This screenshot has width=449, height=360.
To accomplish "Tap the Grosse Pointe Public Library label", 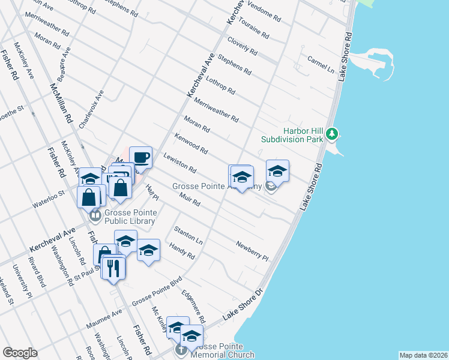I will click(x=130, y=217).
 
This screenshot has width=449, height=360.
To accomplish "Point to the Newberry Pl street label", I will click(x=252, y=250).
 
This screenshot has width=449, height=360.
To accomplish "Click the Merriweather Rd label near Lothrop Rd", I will click(x=216, y=109).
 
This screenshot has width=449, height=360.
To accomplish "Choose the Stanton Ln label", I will click(x=188, y=235).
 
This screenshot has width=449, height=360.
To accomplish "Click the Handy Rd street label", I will click(x=182, y=251).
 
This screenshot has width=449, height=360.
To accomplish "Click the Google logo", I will click(x=20, y=353).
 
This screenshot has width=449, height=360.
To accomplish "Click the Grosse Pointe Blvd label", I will click(x=157, y=290).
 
